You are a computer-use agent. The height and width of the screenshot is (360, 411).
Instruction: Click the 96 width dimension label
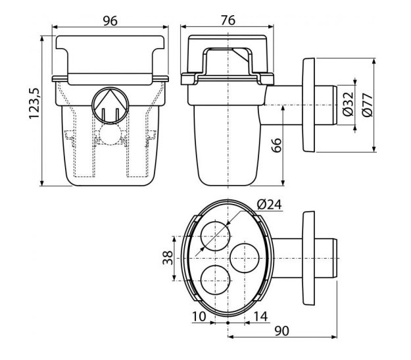(110, 21)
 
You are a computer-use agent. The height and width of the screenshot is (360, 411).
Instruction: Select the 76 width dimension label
(228, 20)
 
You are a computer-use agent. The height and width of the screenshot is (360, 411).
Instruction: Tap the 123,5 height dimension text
(34, 103)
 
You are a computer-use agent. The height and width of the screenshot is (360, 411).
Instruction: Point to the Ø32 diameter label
(348, 104)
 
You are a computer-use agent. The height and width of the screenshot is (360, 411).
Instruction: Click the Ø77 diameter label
(367, 104)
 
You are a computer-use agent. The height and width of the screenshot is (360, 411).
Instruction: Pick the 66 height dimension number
(276, 145)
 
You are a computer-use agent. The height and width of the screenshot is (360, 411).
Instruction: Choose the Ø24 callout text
(269, 205)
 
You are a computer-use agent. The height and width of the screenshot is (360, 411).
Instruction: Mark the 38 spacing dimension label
(168, 258)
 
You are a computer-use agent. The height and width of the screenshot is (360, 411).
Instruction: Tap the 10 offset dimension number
(199, 317)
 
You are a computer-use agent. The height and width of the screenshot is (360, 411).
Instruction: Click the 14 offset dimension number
(260, 317)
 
